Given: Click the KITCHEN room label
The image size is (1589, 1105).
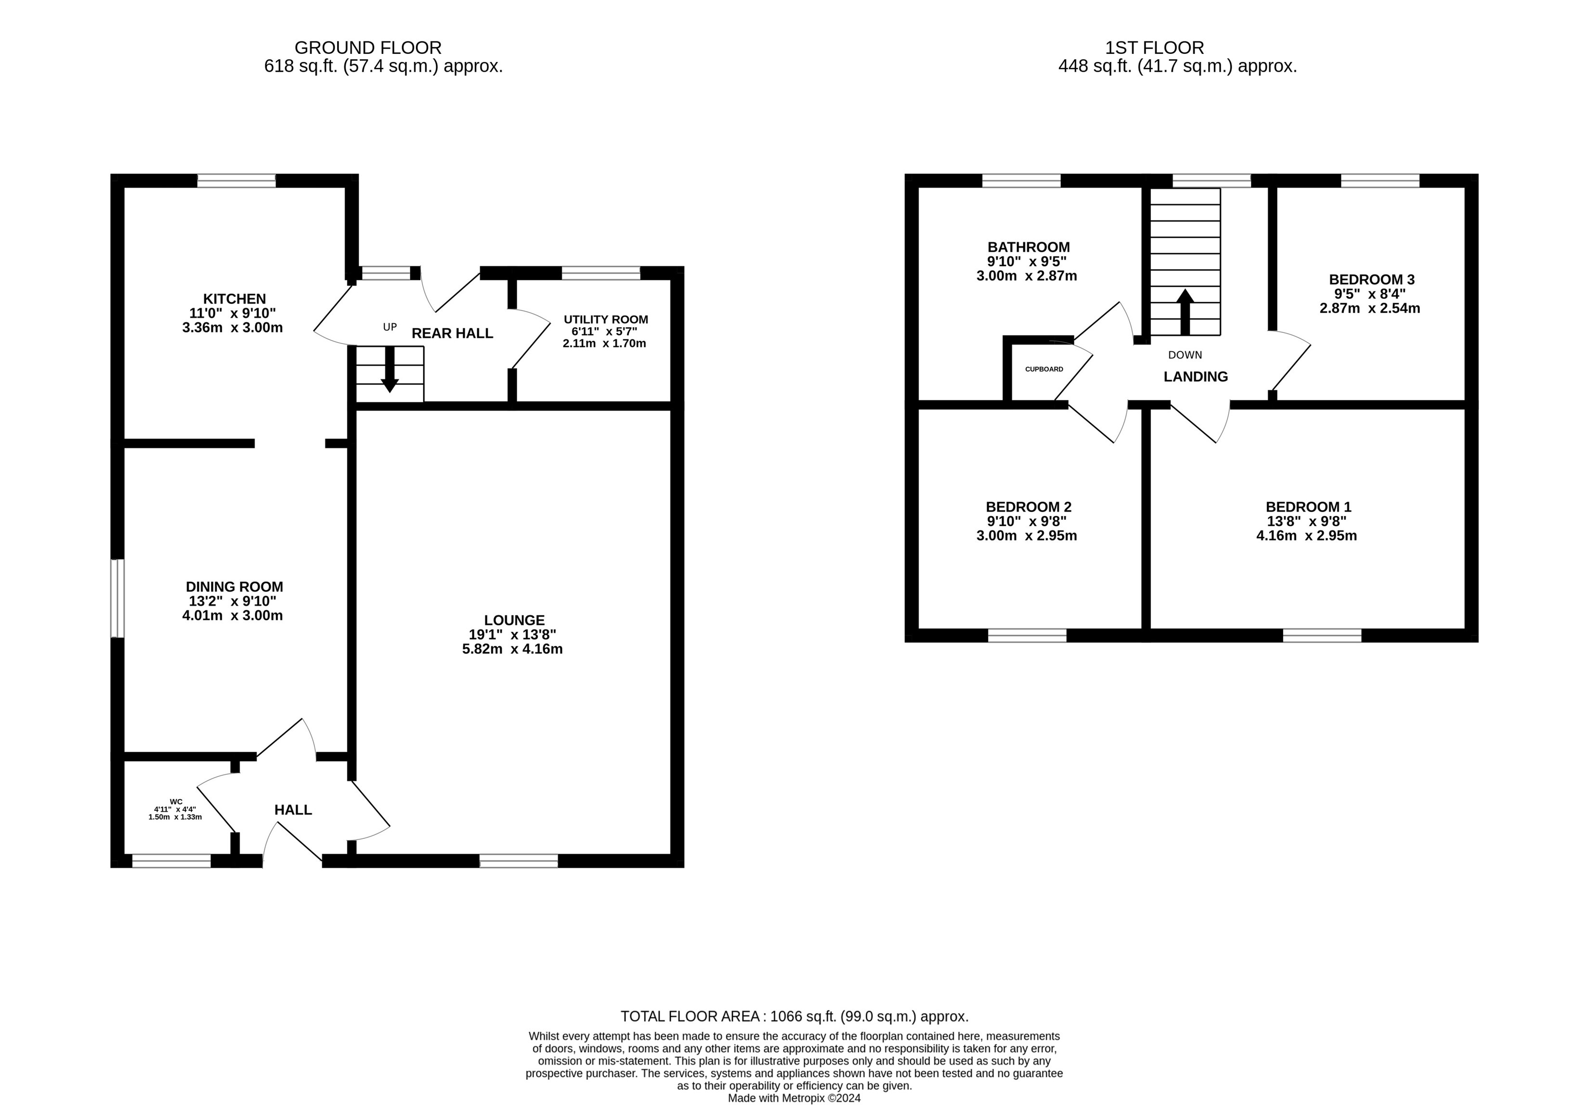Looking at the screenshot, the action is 234,299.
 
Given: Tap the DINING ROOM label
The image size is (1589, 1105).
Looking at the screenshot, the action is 234,587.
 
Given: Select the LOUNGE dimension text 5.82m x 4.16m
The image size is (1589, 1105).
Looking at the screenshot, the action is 512,649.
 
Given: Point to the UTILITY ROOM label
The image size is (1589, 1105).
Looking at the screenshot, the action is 606,320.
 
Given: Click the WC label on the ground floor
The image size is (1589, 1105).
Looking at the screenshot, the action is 176,801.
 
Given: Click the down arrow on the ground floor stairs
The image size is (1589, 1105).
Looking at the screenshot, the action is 390,370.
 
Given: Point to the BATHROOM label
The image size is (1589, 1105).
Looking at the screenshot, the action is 1029,247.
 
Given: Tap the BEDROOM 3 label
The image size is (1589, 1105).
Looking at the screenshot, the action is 1372,280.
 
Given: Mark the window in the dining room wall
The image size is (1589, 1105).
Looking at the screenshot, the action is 117,598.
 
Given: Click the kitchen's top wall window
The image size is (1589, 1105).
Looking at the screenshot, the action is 237,180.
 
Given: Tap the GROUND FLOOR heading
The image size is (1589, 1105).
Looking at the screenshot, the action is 368,48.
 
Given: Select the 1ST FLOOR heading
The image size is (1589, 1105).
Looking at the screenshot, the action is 1154,48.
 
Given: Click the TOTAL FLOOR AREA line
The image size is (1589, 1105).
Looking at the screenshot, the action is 794,1016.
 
